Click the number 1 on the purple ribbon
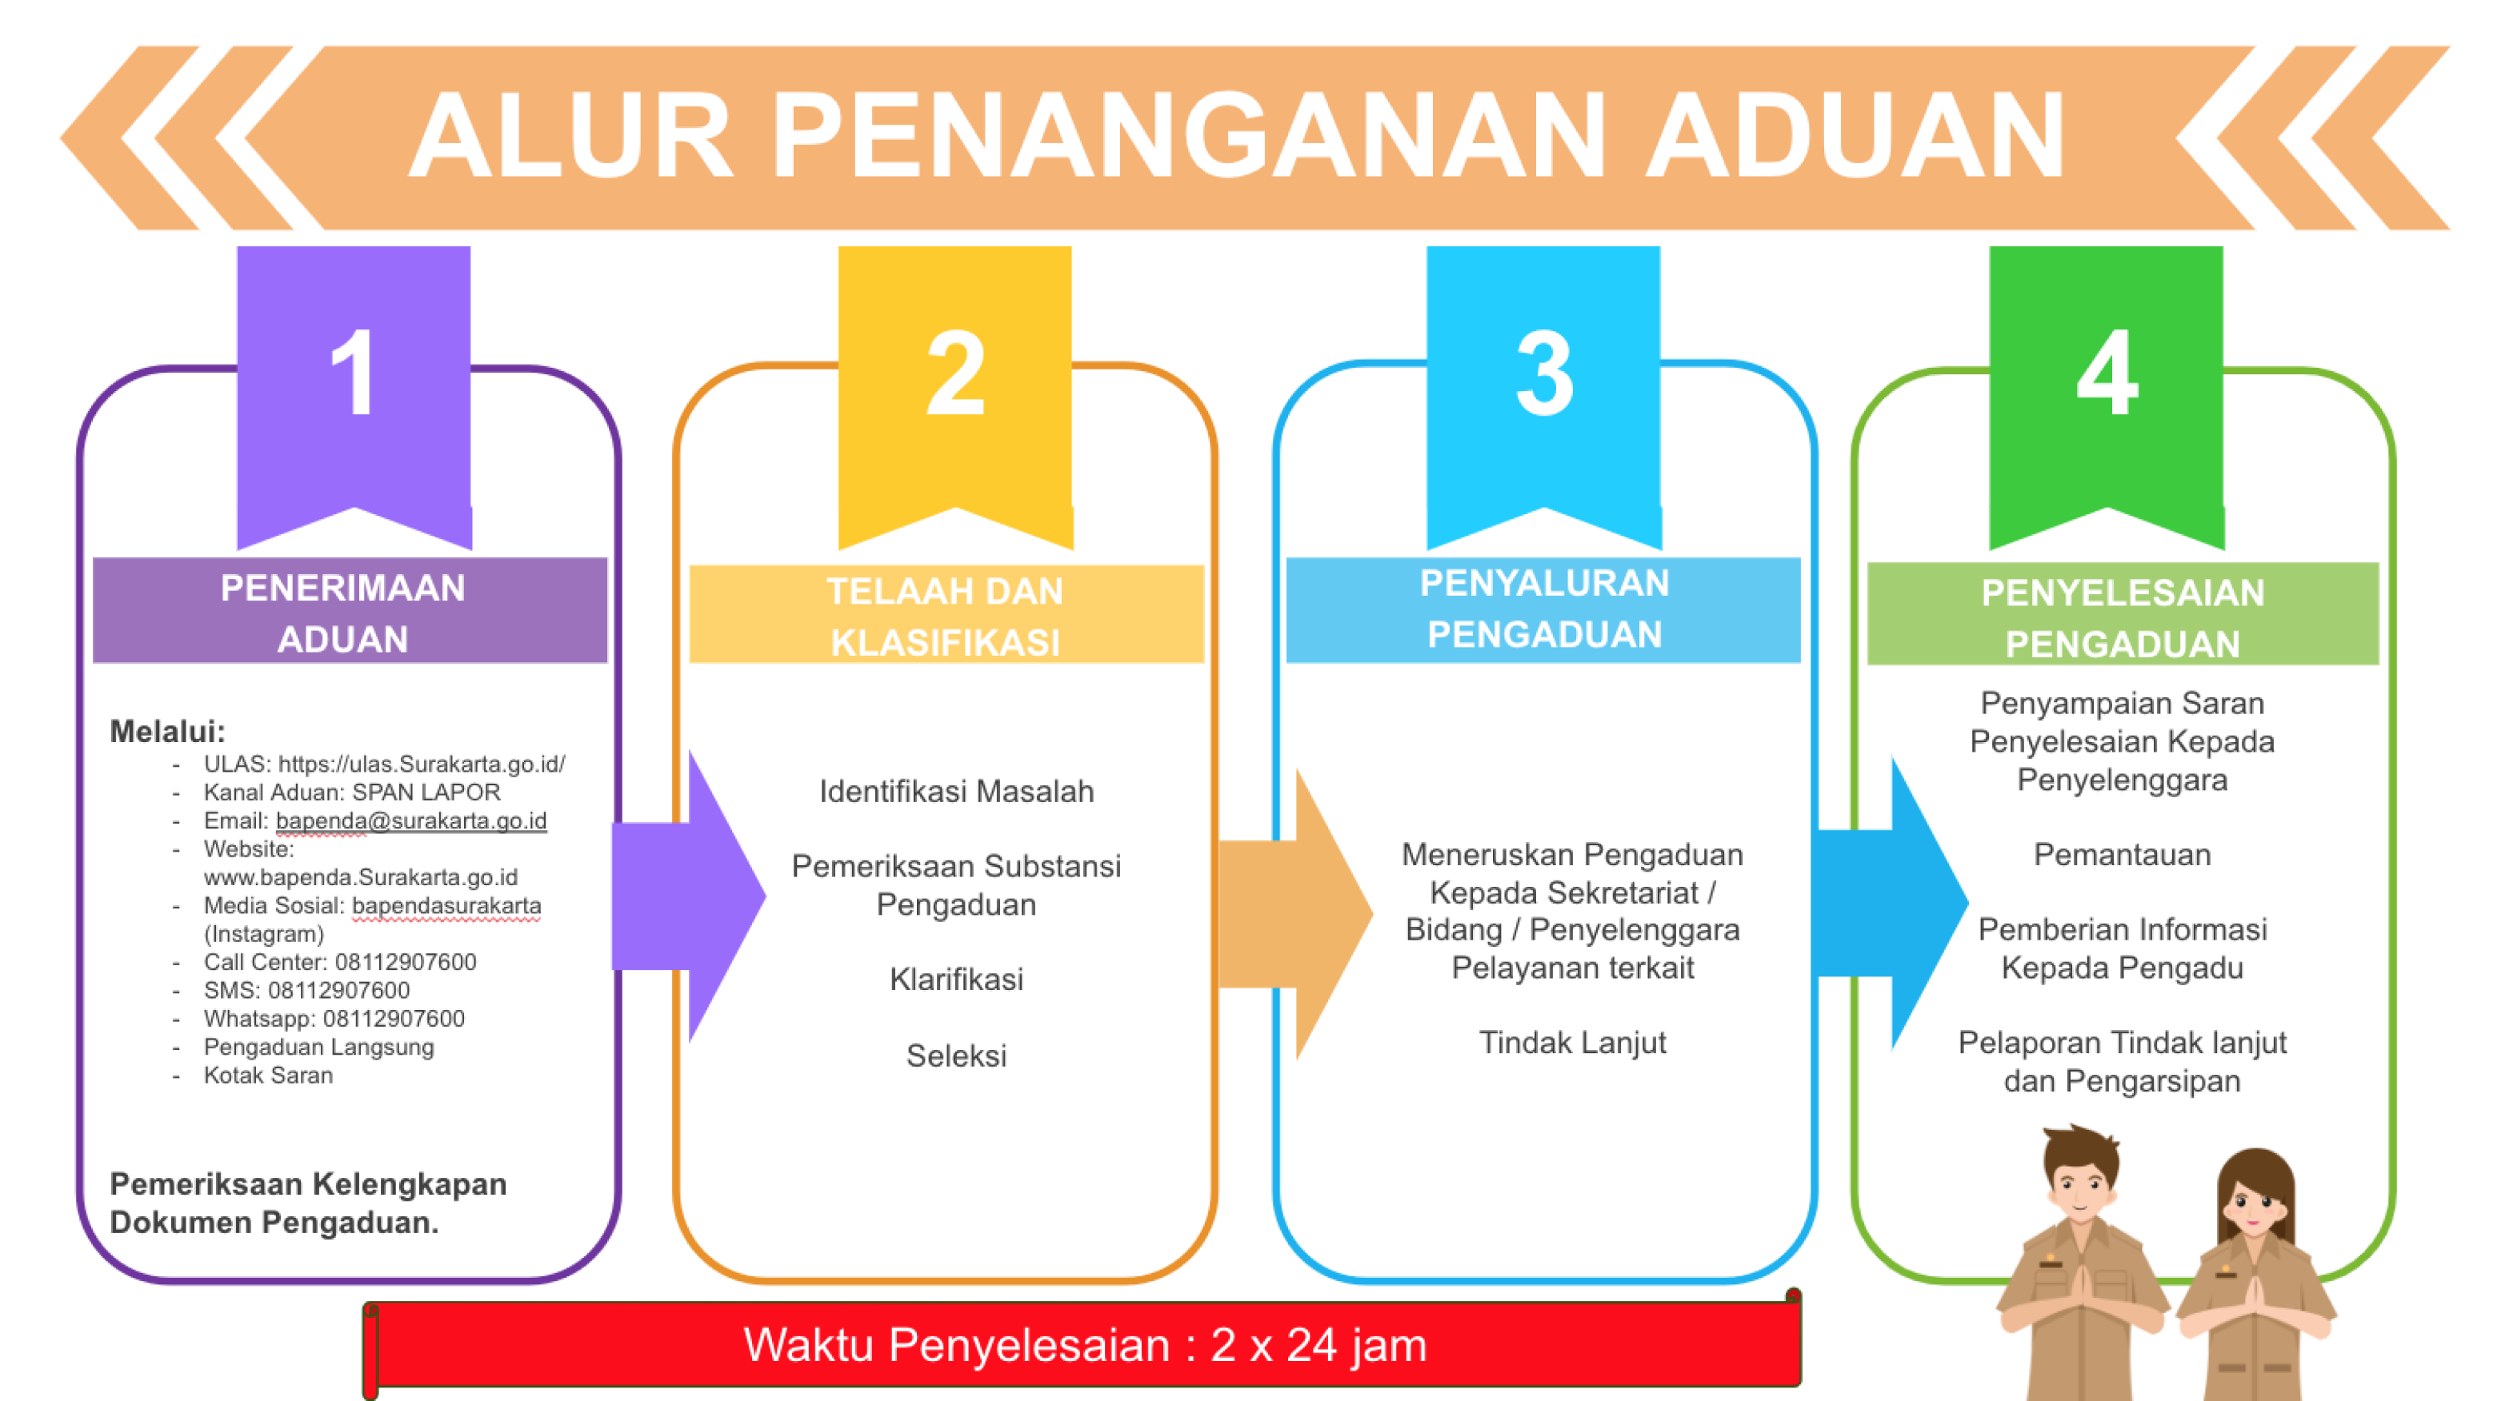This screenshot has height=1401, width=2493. pyautogui.click(x=354, y=373)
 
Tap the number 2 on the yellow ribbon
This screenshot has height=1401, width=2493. pyautogui.click(x=955, y=373)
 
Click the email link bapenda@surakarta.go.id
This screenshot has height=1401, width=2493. pyautogui.click(x=411, y=820)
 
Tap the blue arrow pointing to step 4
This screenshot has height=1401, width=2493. pyautogui.click(x=1892, y=903)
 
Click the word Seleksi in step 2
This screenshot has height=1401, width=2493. pyautogui.click(x=956, y=1056)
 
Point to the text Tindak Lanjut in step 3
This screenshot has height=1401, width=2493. pyautogui.click(x=1573, y=1042)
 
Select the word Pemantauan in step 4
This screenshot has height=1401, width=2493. pyautogui.click(x=2123, y=854)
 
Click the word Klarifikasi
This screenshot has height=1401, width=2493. pyautogui.click(x=956, y=979)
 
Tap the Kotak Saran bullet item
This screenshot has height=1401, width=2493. pyautogui.click(x=268, y=1075)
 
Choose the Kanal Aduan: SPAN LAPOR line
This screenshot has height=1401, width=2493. pyautogui.click(x=352, y=792)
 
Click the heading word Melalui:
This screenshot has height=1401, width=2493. pyautogui.click(x=167, y=732)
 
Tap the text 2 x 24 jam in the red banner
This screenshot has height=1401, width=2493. pyautogui.click(x=1319, y=1345)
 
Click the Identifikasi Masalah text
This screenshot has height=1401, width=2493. pyautogui.click(x=956, y=792)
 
